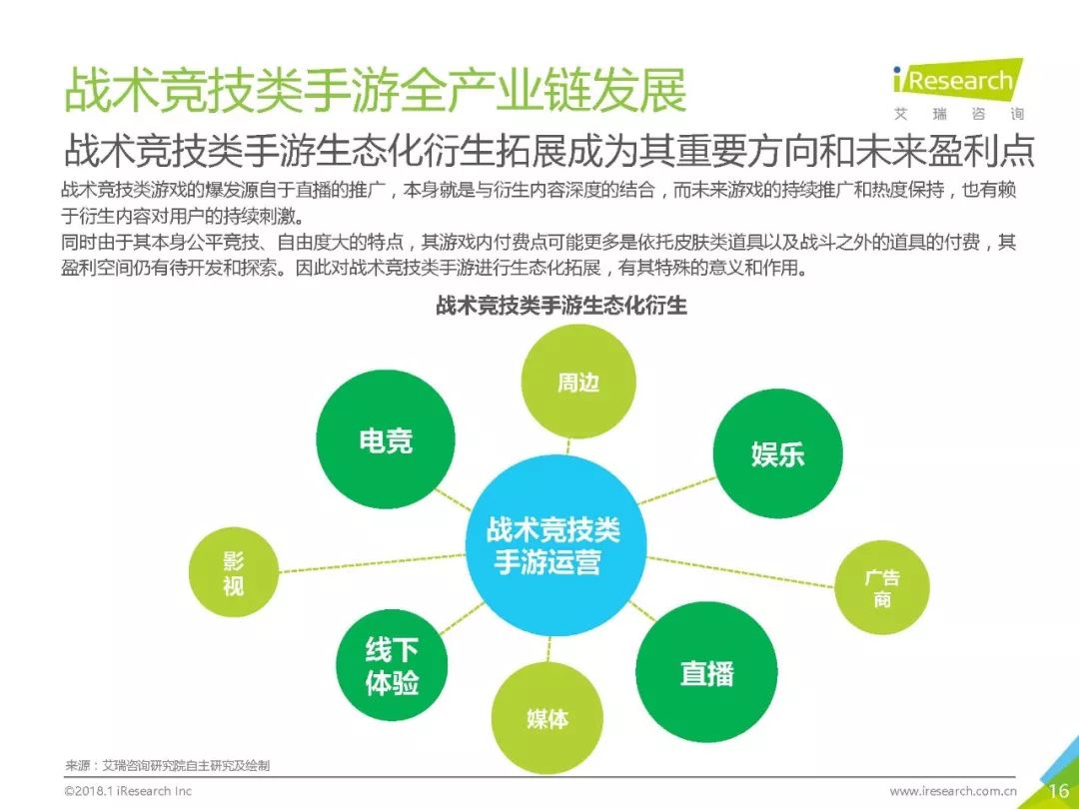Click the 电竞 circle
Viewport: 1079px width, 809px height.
pyautogui.click(x=386, y=440)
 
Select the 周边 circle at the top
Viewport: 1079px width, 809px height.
pyautogui.click(x=578, y=382)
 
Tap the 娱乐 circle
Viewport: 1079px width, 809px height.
pyautogui.click(x=777, y=453)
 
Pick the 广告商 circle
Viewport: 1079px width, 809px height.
pyautogui.click(x=882, y=587)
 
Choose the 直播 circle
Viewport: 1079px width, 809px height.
pyautogui.click(x=706, y=672)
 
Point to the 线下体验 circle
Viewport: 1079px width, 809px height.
pyautogui.click(x=392, y=665)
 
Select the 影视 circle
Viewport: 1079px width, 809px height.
pyautogui.click(x=233, y=572)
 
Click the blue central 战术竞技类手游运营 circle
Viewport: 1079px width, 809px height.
pyautogui.click(x=555, y=545)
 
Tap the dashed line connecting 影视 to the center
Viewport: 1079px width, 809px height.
pyautogui.click(x=372, y=562)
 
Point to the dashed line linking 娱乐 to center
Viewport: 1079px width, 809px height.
pyautogui.click(x=677, y=490)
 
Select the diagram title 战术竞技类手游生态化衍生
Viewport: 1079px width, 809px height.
pyautogui.click(x=560, y=305)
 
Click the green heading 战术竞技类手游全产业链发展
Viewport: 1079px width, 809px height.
pyautogui.click(x=375, y=90)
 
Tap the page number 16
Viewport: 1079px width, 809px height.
pyautogui.click(x=1058, y=790)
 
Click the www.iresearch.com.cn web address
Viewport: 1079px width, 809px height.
pyautogui.click(x=952, y=791)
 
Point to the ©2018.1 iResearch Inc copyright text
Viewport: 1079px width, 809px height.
pyautogui.click(x=128, y=791)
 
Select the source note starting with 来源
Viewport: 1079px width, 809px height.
pyautogui.click(x=167, y=765)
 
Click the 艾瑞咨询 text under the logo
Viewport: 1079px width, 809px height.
pyautogui.click(x=958, y=114)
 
